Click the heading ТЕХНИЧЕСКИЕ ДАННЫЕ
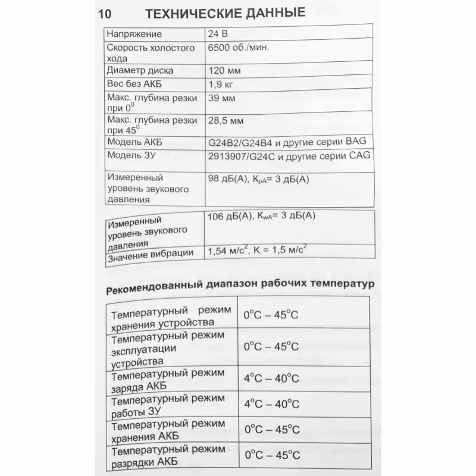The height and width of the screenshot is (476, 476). [226, 12]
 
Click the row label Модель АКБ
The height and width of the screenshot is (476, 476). [134, 142]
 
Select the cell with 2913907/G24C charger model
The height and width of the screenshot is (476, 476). [288, 156]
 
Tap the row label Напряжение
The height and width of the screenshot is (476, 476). [134, 34]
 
